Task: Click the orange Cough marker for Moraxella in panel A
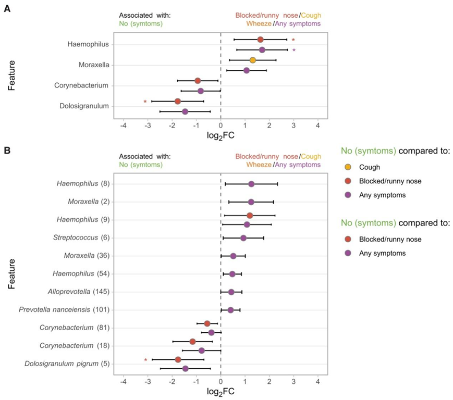[253, 60]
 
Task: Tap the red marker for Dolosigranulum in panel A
[178, 101]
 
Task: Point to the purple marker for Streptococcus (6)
[243, 238]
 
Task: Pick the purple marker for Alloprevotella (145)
[231, 292]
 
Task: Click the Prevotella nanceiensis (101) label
[64, 310]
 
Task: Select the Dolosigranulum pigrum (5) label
[67, 364]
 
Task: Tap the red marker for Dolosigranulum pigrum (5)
[178, 359]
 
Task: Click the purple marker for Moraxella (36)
[234, 256]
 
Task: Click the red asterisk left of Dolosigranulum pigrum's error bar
[145, 360]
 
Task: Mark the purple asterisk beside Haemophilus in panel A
[293, 51]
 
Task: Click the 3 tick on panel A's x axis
[293, 126]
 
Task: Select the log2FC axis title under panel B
[220, 392]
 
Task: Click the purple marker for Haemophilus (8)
[251, 184]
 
